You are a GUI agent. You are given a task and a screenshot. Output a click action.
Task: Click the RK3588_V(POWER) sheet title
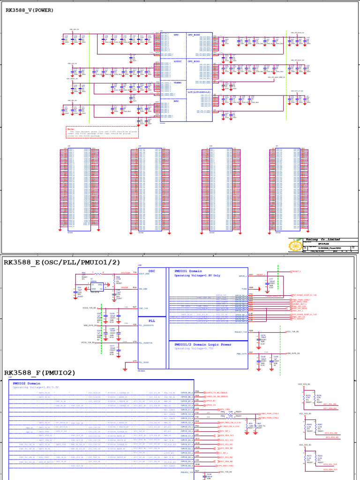point(30,10)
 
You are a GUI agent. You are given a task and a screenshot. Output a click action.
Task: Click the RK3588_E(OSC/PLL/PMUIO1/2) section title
point(62,262)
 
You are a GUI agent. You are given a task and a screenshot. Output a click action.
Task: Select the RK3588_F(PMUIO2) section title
point(40,373)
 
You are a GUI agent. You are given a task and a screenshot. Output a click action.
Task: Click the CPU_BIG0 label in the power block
point(194,35)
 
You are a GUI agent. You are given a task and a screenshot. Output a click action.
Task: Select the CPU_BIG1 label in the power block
point(194,61)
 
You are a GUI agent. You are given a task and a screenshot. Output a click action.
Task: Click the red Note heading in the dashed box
point(71,128)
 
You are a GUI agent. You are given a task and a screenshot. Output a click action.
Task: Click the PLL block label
point(151,320)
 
